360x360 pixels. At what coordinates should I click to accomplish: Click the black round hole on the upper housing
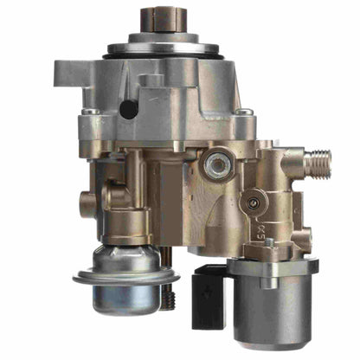pos(128,109)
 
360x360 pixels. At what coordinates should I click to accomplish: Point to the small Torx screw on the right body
pos(253,204)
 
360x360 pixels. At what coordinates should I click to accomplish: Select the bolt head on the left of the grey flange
pos(90,112)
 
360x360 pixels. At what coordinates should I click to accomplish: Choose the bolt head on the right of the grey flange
pos(245,112)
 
